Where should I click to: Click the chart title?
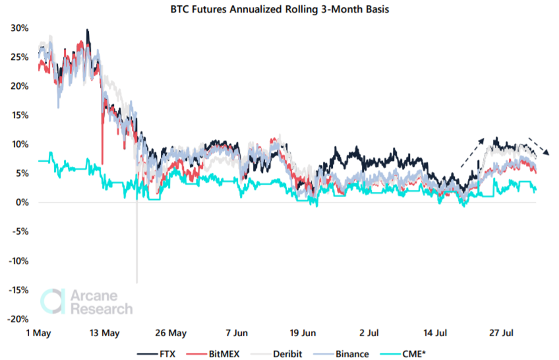pos(279,10)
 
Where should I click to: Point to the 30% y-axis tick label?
pos(19,28)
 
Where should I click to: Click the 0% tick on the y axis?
pos(21,202)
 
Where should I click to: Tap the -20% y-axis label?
pos(16,318)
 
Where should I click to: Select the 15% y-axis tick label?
pos(19,115)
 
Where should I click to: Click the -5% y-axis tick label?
pos(19,231)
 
